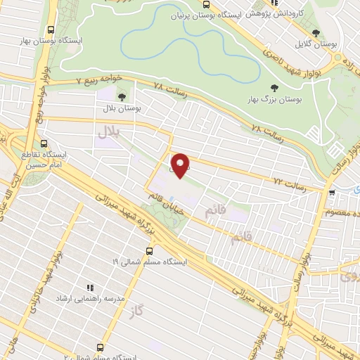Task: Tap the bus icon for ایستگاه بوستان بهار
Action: pyautogui.click(x=51, y=30)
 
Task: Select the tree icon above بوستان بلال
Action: pyautogui.click(x=122, y=97)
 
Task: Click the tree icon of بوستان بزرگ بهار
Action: pyautogui.click(x=274, y=89)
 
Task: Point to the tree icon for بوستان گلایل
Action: pyautogui.click(x=316, y=33)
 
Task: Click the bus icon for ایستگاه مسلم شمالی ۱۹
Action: pyautogui.click(x=148, y=250)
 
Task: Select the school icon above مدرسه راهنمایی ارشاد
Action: pyautogui.click(x=90, y=287)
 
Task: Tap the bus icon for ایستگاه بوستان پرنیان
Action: pyautogui.click(x=205, y=4)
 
